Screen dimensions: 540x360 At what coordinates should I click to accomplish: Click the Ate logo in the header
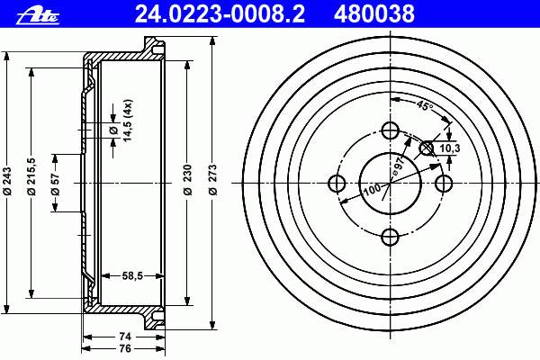(38, 16)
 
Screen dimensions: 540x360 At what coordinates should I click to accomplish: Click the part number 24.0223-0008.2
(220, 14)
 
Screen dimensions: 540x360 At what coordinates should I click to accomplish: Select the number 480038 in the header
(374, 14)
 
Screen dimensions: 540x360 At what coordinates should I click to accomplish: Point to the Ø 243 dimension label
(7, 182)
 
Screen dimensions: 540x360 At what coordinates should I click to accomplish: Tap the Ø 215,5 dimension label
(31, 176)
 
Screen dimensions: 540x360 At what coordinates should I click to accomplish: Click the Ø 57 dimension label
(56, 184)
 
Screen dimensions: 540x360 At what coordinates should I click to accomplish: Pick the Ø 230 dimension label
(188, 180)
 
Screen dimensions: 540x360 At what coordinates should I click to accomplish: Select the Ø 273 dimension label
(212, 180)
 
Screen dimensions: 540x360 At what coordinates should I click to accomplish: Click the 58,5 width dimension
(132, 275)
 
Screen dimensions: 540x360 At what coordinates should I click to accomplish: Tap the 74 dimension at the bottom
(125, 337)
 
